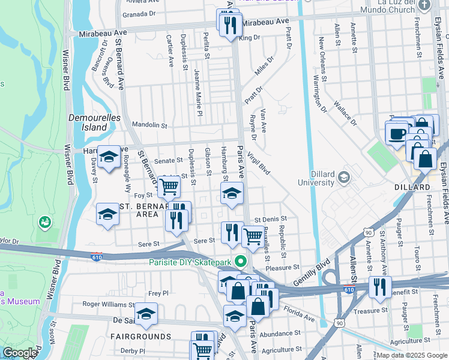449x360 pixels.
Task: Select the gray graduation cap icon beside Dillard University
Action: click(x=343, y=177)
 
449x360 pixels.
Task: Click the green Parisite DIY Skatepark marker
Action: click(x=241, y=262)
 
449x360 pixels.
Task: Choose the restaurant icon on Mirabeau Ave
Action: click(x=230, y=25)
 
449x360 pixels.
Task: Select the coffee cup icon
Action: click(x=396, y=133)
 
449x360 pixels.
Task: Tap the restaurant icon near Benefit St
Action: click(x=379, y=287)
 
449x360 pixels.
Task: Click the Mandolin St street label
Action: click(x=149, y=125)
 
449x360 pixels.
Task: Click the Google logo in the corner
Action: click(x=20, y=353)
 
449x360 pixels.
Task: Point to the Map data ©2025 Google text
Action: click(x=411, y=355)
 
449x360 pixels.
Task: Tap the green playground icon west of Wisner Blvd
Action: click(x=44, y=223)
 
